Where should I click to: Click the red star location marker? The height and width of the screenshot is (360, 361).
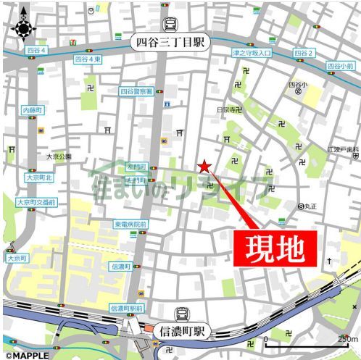point(204,167)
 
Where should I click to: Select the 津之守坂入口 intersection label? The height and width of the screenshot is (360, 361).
point(252,54)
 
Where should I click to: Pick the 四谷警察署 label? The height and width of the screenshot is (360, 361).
point(136,92)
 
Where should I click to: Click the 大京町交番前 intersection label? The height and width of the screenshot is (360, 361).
point(36,202)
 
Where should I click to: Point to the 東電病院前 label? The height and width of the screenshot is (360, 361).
point(130,225)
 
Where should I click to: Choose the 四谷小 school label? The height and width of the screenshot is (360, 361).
point(298,85)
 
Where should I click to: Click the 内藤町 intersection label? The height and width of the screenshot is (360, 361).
point(33,109)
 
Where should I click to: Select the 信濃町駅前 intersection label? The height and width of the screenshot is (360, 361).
point(128,308)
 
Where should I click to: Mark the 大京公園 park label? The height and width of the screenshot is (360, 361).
point(59,156)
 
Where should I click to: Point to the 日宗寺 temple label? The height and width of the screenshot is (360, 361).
point(227,109)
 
